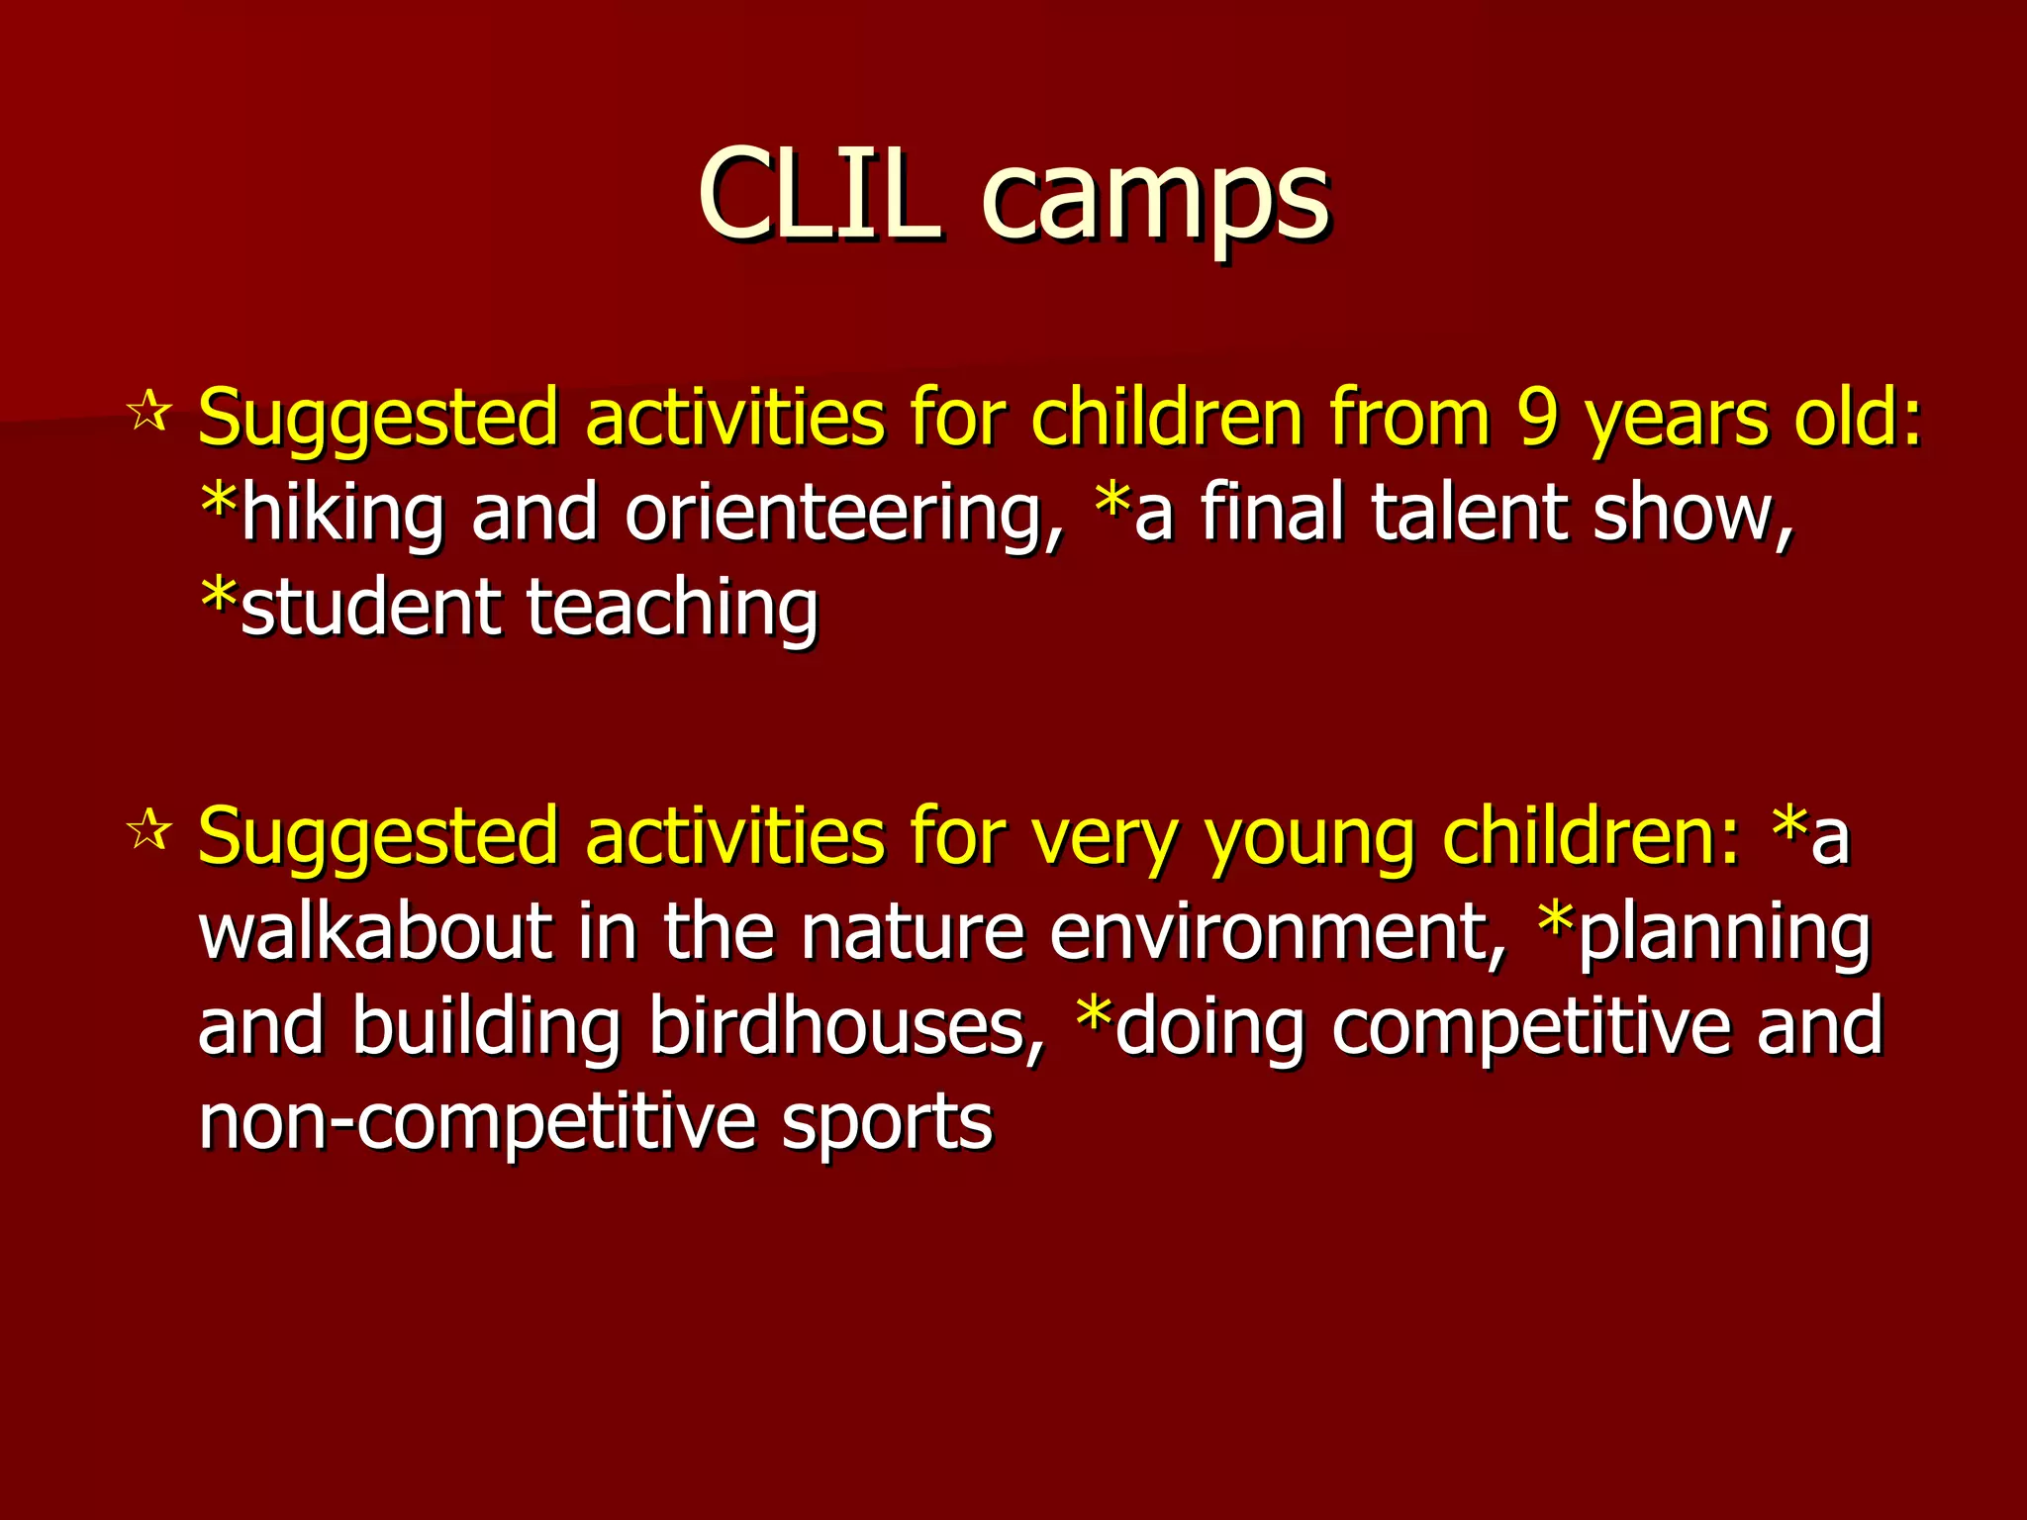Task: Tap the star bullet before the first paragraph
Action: click(x=149, y=412)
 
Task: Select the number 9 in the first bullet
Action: click(x=1536, y=418)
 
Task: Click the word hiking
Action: click(x=342, y=515)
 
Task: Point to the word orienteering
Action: click(x=843, y=515)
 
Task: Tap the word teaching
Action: click(x=672, y=610)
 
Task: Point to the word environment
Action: click(x=1277, y=933)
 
